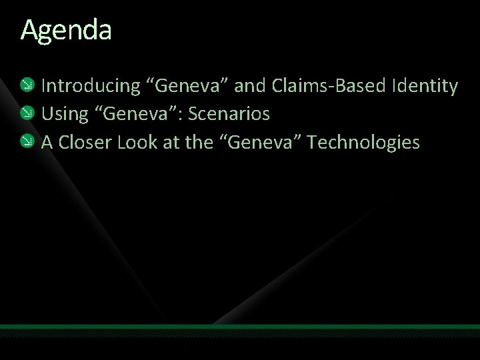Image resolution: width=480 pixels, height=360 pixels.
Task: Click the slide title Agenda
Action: point(66,31)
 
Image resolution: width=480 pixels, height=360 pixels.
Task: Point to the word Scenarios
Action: point(229,114)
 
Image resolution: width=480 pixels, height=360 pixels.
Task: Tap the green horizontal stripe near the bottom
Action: point(240,327)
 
